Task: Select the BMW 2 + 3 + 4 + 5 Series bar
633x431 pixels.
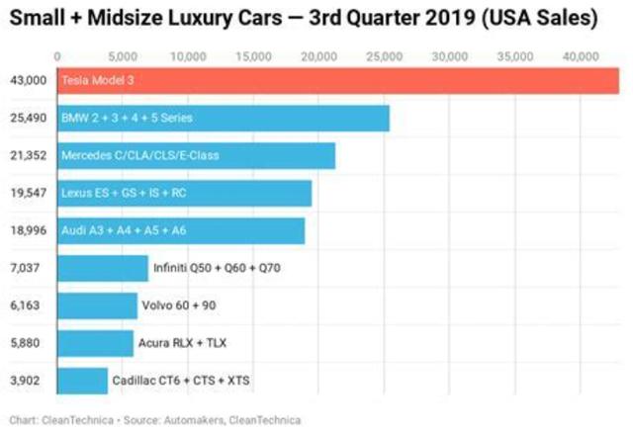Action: pyautogui.click(x=224, y=119)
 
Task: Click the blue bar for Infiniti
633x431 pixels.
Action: pyautogui.click(x=103, y=268)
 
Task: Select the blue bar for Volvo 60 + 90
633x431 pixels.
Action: pyautogui.click(x=98, y=305)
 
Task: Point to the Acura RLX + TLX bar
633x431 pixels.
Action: pyautogui.click(x=95, y=343)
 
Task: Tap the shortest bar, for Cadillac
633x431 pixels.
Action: pyautogui.click(x=83, y=381)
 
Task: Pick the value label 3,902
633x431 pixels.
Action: pyautogui.click(x=27, y=381)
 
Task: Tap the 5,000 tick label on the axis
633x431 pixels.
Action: pyautogui.click(x=123, y=55)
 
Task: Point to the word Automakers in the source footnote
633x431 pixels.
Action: pyautogui.click(x=193, y=420)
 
